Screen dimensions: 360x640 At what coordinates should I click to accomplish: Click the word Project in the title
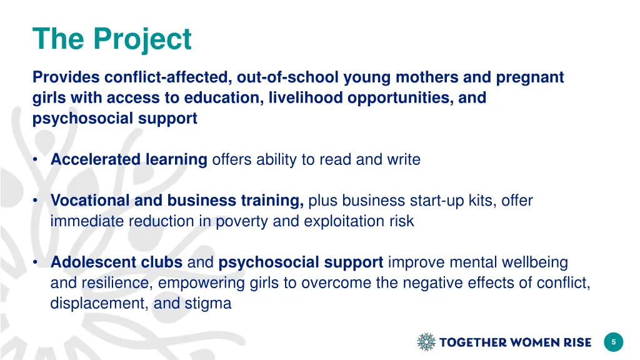point(142,40)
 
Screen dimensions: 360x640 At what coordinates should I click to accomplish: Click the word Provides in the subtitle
point(66,77)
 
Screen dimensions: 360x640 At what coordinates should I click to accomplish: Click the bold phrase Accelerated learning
point(129,160)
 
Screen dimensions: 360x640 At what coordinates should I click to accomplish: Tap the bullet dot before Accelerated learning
point(37,160)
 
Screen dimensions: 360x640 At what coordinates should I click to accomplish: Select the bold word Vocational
point(87,201)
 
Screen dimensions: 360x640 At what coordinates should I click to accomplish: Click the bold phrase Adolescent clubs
point(116,262)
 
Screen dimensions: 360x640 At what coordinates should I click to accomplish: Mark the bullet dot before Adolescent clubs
point(37,262)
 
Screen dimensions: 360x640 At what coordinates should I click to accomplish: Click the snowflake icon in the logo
point(426,342)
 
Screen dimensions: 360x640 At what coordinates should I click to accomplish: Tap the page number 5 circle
point(613,342)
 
